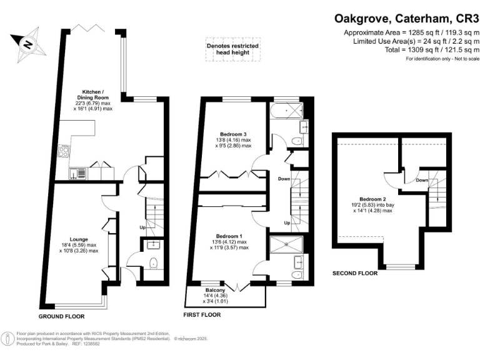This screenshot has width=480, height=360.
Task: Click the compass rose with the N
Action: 27,44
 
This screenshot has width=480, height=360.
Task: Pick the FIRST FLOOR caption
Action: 202,315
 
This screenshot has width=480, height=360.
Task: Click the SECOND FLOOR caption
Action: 354,273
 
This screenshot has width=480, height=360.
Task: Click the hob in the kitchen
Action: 63,151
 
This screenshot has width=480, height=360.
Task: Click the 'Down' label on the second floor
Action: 422,180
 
